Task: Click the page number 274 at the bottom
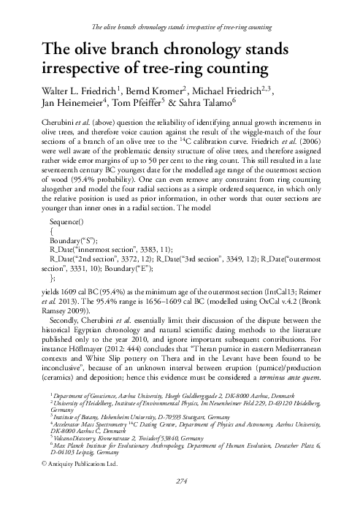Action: [x=179, y=502]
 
